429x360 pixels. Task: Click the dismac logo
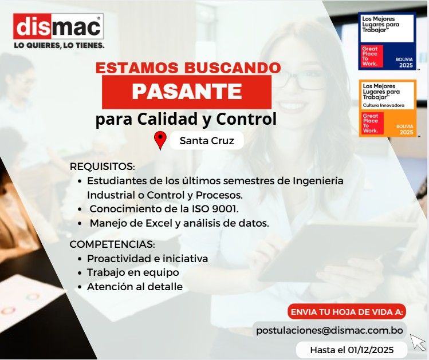click(58, 26)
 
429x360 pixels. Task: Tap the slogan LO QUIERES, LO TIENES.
click(59, 45)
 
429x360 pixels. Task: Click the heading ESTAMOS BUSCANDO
click(188, 68)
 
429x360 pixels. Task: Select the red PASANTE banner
click(187, 91)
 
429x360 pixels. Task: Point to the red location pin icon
click(160, 140)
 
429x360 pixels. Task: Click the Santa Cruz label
click(207, 141)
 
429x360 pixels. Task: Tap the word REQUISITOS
click(102, 167)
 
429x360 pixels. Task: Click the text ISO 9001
click(218, 208)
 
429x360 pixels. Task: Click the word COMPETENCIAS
click(112, 244)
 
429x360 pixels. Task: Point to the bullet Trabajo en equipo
click(133, 272)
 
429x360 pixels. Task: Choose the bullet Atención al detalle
click(135, 286)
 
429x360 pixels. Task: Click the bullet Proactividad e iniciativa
click(147, 259)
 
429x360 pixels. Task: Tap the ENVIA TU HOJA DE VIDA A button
click(347, 312)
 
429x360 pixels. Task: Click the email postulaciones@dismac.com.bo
click(329, 330)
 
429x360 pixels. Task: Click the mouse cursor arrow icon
click(418, 342)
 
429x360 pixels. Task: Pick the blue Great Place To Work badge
click(387, 41)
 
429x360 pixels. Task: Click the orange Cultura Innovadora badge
click(387, 108)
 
